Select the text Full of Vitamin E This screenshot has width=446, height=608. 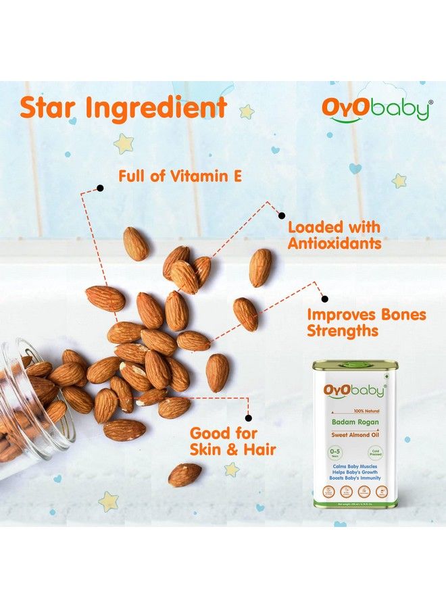click(180, 177)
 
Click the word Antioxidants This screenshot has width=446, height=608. click(334, 244)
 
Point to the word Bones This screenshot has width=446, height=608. click(401, 315)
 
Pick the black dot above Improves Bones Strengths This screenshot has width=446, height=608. click(324, 298)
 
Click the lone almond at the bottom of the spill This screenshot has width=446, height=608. click(184, 475)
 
